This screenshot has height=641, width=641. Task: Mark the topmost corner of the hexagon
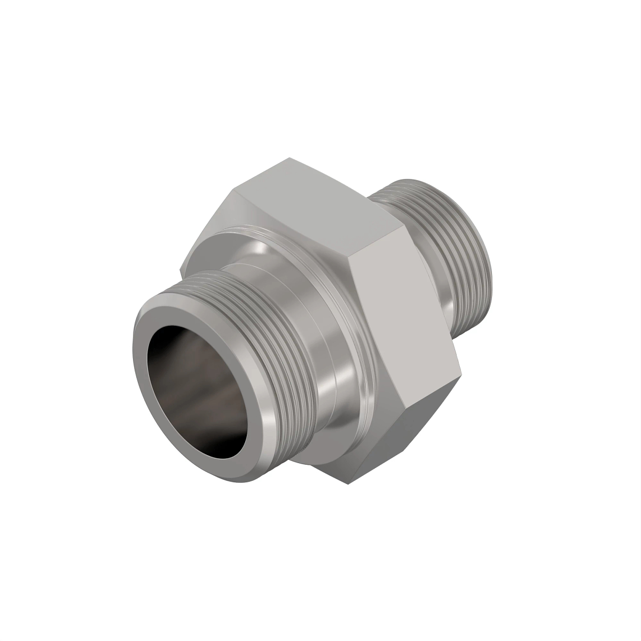(288, 158)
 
